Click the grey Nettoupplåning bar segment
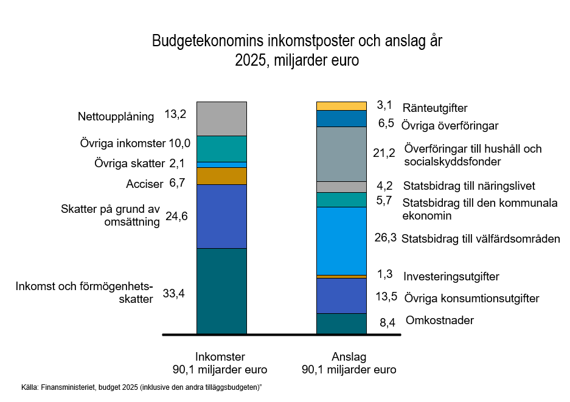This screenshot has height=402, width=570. click(221, 119)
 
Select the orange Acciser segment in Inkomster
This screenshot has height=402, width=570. click(221, 176)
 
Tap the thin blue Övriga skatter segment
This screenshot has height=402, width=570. click(221, 165)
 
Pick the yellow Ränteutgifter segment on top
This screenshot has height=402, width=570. click(341, 106)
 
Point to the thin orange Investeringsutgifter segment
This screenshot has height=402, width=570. click(341, 277)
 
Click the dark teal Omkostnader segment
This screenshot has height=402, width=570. click(341, 324)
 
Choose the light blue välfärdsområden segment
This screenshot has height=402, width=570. click(341, 241)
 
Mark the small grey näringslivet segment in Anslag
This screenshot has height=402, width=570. click(341, 187)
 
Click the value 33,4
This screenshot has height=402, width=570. click(174, 293)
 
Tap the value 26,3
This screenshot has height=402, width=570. click(385, 238)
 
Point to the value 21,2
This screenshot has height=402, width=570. click(384, 153)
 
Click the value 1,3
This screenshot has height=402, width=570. click(385, 274)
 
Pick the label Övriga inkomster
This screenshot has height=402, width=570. click(122, 144)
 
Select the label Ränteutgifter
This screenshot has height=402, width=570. click(435, 108)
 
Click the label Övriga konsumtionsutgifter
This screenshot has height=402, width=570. click(471, 299)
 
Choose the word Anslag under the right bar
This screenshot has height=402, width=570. click(349, 357)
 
